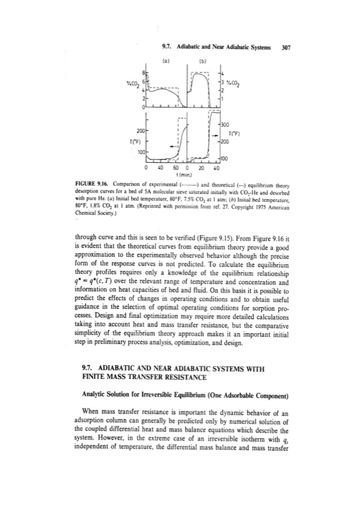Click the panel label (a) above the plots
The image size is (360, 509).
(x=166, y=61)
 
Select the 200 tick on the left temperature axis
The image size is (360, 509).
(x=140, y=130)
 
